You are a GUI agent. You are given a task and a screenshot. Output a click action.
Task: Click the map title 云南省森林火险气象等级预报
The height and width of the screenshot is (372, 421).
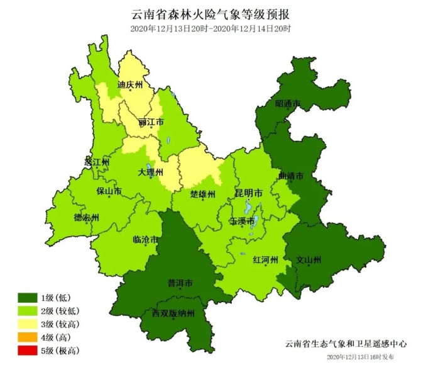(x=211, y=14)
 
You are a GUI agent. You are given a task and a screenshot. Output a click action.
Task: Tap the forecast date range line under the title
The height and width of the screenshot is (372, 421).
(x=210, y=29)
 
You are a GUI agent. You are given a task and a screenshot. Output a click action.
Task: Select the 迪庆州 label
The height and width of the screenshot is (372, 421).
(x=131, y=83)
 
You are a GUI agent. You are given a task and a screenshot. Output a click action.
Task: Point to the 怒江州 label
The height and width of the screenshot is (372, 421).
(x=97, y=162)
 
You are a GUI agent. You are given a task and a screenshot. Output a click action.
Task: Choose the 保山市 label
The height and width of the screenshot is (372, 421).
(x=108, y=190)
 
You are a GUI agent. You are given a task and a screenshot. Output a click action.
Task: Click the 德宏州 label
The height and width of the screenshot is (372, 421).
(x=86, y=218)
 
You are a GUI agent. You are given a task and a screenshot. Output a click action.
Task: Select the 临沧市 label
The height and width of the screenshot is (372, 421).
(x=146, y=239)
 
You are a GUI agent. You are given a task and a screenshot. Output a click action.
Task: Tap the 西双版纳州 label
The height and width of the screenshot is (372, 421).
(x=173, y=313)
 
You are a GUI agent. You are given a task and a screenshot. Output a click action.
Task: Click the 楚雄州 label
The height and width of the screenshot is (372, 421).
(x=203, y=193)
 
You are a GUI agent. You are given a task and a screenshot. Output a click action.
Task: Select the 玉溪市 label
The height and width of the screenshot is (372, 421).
(x=242, y=221)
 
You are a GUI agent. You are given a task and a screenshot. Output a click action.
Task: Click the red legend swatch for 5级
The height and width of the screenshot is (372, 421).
(x=27, y=351)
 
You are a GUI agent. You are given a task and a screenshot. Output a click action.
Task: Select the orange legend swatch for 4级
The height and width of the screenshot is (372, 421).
(x=27, y=337)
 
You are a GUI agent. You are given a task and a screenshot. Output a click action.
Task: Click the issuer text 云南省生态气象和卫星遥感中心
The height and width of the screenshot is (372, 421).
(x=346, y=344)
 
